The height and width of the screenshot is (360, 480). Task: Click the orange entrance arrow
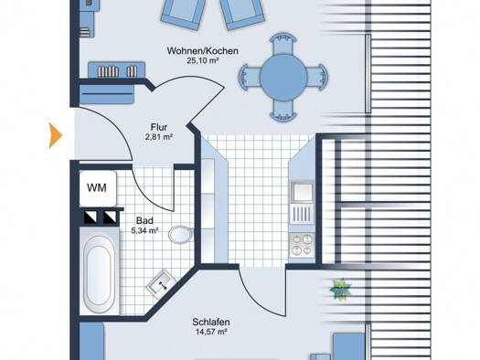[56, 135]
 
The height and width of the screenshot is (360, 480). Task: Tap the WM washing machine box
[98, 188]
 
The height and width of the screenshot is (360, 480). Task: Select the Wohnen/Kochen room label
[202, 51]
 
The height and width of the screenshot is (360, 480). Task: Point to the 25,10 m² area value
[202, 60]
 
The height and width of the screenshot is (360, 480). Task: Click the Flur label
[159, 127]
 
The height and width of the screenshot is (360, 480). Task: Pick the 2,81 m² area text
[159, 137]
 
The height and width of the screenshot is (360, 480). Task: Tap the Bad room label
[144, 220]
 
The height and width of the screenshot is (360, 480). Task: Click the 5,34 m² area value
[144, 230]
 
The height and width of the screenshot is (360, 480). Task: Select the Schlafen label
[211, 322]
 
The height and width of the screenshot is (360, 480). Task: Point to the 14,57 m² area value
[211, 332]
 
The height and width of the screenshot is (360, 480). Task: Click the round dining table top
[283, 77]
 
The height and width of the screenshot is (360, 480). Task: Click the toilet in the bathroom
[181, 235]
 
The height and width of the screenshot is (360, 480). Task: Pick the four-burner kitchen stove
[302, 244]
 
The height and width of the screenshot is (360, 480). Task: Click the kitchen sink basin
[302, 192]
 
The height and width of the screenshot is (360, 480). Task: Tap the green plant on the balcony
[340, 289]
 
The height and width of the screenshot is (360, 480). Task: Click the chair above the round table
[283, 45]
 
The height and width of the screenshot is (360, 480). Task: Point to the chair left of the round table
[250, 77]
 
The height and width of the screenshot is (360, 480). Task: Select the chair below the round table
[283, 110]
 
